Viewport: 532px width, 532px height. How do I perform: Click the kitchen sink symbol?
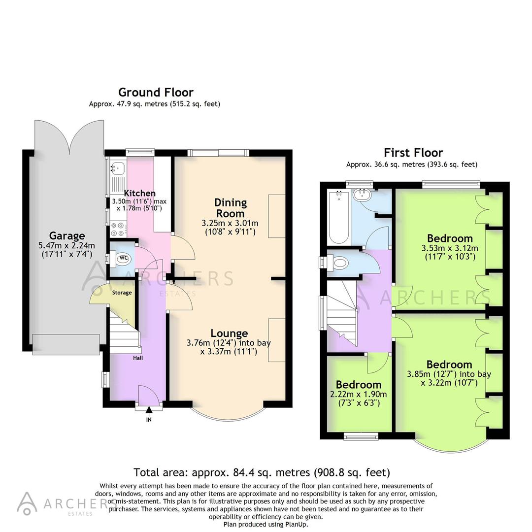tap(117, 169)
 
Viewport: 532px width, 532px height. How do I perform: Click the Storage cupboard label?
tap(122, 293)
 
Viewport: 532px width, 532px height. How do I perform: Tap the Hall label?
tap(138, 358)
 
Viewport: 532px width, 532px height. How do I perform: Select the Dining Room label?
tap(230, 208)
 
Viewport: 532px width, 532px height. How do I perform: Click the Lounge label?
tap(229, 333)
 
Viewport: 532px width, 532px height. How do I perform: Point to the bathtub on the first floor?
tap(338, 217)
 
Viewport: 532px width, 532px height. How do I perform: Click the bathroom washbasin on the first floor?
tap(364, 194)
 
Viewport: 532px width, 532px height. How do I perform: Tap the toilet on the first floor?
tap(339, 262)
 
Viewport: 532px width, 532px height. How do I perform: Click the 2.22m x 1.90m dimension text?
tap(359, 395)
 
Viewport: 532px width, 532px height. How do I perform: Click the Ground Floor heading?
tap(156, 92)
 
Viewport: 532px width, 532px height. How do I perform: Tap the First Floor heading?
tap(413, 153)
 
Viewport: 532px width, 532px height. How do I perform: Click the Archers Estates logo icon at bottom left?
tap(27, 503)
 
